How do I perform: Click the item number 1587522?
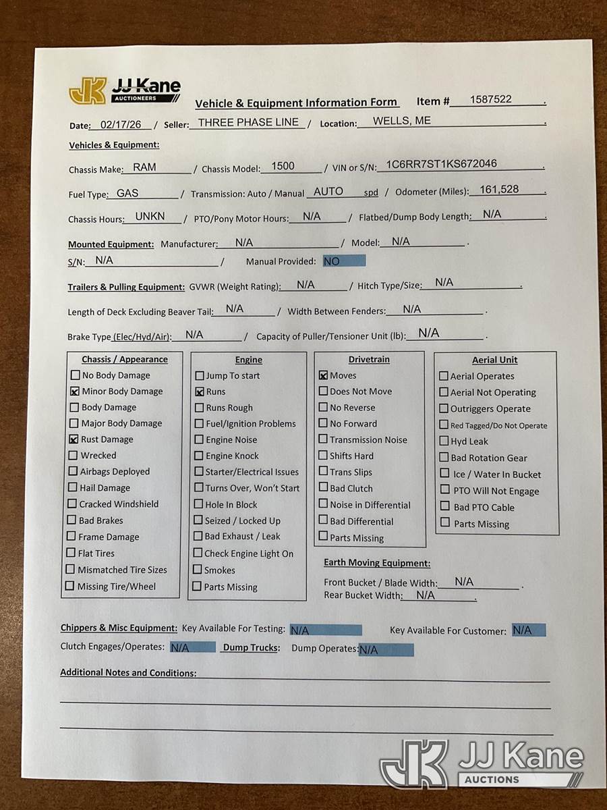pyautogui.click(x=492, y=100)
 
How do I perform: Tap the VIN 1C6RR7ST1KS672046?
pyautogui.click(x=441, y=164)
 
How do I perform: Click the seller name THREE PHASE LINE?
pyautogui.click(x=248, y=123)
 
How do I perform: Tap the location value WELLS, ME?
pyautogui.click(x=402, y=122)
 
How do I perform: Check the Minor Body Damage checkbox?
pyautogui.click(x=74, y=391)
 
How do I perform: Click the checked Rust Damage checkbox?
pyautogui.click(x=74, y=439)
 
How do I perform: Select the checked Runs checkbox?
pyautogui.click(x=200, y=391)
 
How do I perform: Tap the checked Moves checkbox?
pyautogui.click(x=324, y=375)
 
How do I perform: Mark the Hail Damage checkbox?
pyautogui.click(x=73, y=487)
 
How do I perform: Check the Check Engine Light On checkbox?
pyautogui.click(x=198, y=553)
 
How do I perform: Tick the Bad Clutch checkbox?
pyautogui.click(x=324, y=488)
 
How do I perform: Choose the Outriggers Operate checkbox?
pyautogui.click(x=444, y=408)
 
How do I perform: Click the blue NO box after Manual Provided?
pyautogui.click(x=343, y=261)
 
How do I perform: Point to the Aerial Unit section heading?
pyautogui.click(x=495, y=360)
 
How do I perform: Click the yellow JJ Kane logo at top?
pyautogui.click(x=88, y=91)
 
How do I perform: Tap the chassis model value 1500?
pyautogui.click(x=283, y=166)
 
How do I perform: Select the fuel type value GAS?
pyautogui.click(x=127, y=193)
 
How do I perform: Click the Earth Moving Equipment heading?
pyautogui.click(x=377, y=564)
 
